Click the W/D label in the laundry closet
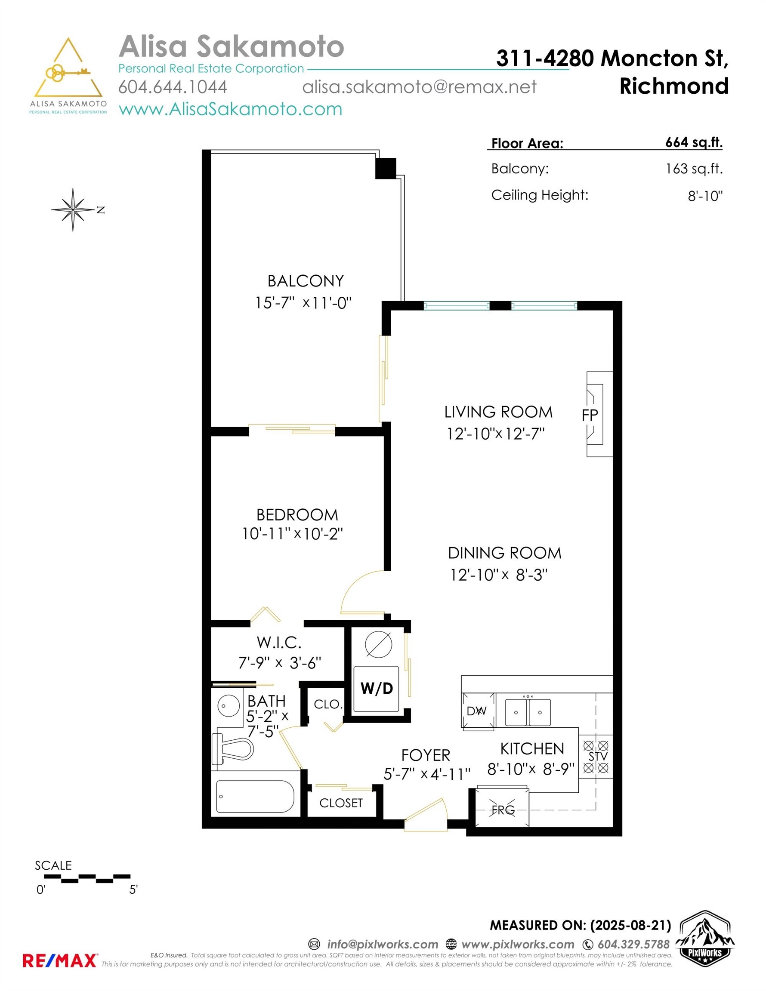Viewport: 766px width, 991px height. (377, 688)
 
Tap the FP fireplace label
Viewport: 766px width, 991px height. (590, 414)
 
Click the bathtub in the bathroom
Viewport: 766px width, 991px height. (255, 796)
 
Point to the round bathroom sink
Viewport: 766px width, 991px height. (229, 705)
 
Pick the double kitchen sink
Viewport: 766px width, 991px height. (528, 712)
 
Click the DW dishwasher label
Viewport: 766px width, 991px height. (477, 711)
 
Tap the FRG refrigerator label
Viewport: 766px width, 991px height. (503, 810)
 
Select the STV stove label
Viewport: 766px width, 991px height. (598, 757)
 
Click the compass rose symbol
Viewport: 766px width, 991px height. (73, 209)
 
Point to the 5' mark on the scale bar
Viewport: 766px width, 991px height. (133, 889)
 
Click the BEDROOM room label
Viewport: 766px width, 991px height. (297, 515)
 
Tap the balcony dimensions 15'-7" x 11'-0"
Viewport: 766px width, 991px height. (303, 303)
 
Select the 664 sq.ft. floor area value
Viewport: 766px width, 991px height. (694, 142)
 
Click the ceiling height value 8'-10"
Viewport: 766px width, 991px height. (705, 196)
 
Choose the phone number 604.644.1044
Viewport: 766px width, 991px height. (173, 86)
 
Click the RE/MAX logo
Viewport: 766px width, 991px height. (59, 960)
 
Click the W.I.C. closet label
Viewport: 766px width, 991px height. (279, 643)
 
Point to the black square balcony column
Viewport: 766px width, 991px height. (386, 168)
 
